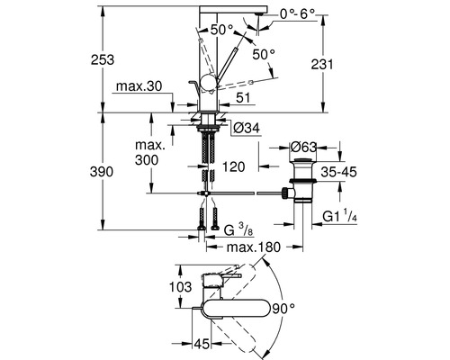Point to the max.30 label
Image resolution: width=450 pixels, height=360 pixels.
point(138,88)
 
